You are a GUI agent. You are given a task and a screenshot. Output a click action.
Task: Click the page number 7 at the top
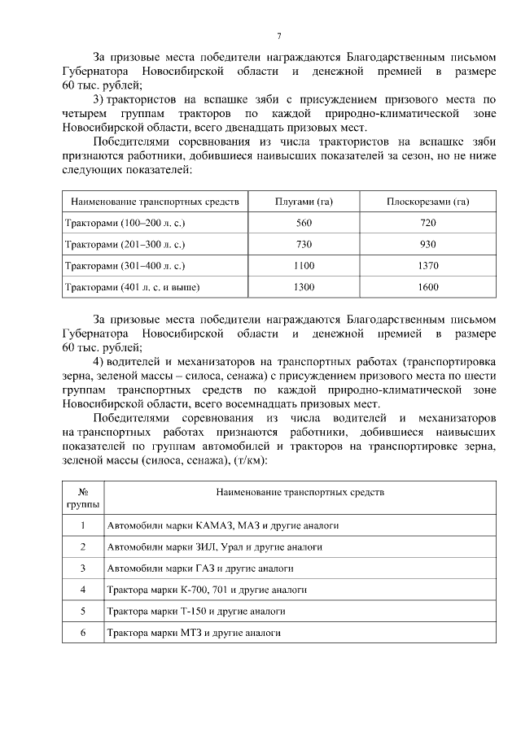pos(278,35)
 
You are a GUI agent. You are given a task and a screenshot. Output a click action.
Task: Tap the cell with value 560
pos(304,223)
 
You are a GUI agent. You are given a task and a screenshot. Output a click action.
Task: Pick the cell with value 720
pos(427,223)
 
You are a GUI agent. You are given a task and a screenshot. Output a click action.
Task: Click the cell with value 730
pos(304,244)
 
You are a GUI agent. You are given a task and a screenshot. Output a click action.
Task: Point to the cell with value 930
pos(427,244)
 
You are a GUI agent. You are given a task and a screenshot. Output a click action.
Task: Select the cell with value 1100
pos(304,265)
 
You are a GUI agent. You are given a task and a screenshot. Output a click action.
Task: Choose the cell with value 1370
pos(427,265)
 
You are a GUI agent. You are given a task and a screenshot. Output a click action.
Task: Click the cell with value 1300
pos(304,286)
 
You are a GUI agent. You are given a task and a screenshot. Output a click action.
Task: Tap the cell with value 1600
pos(427,286)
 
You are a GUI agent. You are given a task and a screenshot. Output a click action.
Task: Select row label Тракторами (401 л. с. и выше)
pos(133,286)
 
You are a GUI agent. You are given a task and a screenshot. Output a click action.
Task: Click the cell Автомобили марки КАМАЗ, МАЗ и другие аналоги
pos(222,525)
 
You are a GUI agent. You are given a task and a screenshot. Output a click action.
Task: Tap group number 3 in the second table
pos(83,568)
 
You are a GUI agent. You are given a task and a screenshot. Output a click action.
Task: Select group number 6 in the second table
pos(83,631)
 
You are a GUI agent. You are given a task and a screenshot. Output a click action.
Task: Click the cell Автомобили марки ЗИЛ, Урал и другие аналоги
pos(214,547)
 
